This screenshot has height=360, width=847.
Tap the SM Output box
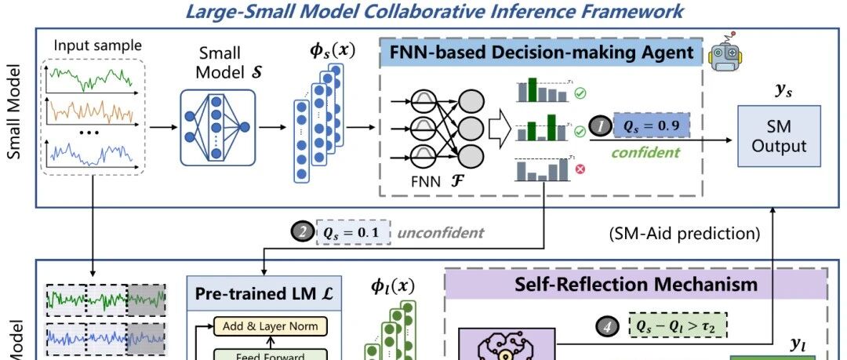[x=778, y=136]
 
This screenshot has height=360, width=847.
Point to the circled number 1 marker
[x=599, y=125]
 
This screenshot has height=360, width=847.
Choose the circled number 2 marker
[x=301, y=232]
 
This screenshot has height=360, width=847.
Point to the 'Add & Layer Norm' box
[x=269, y=325]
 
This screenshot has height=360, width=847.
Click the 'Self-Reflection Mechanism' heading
[x=636, y=283]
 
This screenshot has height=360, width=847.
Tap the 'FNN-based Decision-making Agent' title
[x=541, y=53]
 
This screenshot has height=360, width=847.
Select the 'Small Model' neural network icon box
[x=217, y=127]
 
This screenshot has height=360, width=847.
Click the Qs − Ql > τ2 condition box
[x=678, y=324]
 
